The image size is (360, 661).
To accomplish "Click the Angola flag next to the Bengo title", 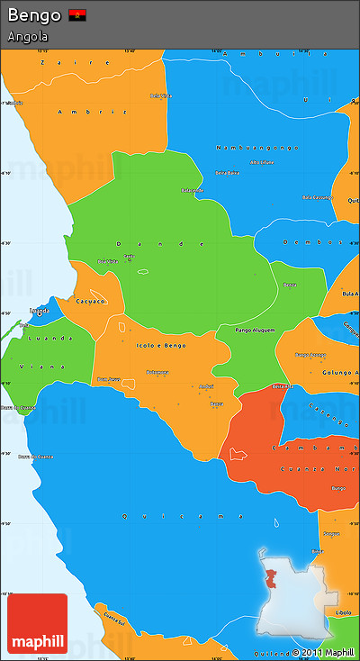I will point(77,15).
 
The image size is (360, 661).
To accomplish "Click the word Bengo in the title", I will point(34,15).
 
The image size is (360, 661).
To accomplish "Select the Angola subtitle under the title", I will point(28,37).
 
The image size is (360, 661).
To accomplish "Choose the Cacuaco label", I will point(91,302).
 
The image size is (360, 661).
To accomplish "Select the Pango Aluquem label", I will point(255,331).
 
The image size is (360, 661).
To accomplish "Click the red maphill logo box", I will point(37,623).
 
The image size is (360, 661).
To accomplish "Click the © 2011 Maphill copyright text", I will point(322,652).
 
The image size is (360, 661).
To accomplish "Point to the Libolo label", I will point(343,612).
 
